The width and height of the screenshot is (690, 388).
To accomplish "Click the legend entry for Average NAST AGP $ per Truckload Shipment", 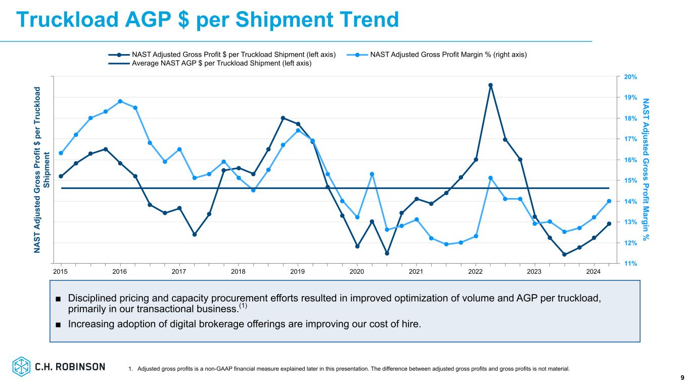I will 221,63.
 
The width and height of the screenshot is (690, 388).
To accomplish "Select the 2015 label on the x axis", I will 61,272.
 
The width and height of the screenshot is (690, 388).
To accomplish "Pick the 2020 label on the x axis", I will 357,272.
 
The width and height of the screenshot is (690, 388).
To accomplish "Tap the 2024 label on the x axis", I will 594,272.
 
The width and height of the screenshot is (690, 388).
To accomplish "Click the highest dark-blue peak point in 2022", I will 490,85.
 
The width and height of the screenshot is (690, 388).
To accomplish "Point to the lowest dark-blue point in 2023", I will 564,255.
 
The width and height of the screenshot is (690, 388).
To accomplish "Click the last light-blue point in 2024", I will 609,201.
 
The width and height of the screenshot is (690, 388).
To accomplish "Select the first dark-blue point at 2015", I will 61,176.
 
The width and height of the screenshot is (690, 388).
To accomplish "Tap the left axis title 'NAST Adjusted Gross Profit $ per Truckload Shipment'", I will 41,169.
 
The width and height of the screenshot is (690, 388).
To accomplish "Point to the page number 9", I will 682,377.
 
